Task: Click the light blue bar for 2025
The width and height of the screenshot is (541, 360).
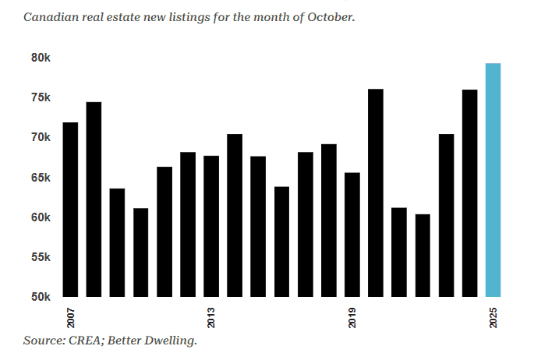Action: (493, 180)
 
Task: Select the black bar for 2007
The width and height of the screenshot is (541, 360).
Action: (70, 210)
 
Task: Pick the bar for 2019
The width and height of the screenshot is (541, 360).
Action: (352, 235)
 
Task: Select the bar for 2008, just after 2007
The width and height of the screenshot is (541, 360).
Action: (94, 199)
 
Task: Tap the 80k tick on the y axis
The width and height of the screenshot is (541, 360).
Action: (41, 58)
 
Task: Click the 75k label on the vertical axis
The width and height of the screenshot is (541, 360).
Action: (41, 97)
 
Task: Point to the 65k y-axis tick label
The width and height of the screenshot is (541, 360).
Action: (41, 178)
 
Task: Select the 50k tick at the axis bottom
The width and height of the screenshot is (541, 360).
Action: (41, 297)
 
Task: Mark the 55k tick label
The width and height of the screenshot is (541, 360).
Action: (41, 257)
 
